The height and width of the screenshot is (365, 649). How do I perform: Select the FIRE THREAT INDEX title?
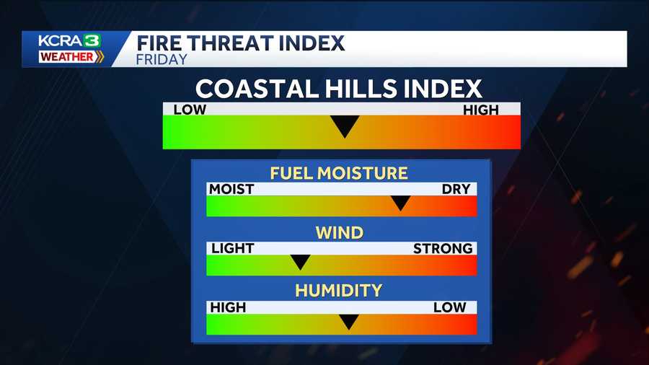coord(240,43)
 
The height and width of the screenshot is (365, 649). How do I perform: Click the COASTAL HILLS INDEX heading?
coord(339,89)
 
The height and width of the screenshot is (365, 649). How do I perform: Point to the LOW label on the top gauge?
coord(190,110)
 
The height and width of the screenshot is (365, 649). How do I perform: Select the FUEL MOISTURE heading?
coord(339,173)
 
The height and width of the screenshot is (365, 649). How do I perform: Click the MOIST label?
coord(231,189)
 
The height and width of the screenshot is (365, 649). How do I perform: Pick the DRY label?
coord(456,189)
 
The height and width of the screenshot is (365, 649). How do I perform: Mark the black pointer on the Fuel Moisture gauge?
coord(400,203)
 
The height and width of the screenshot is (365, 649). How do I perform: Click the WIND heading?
coord(339,232)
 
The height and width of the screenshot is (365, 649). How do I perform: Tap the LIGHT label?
coord(232,248)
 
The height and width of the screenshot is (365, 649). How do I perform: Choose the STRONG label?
coord(443,248)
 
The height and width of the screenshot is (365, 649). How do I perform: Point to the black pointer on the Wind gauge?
coord(299,262)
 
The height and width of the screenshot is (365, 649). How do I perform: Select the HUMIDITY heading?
coord(339,291)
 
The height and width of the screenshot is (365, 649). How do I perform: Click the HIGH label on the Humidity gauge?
coord(228,307)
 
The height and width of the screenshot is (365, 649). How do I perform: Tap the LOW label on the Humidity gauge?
coord(450,307)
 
